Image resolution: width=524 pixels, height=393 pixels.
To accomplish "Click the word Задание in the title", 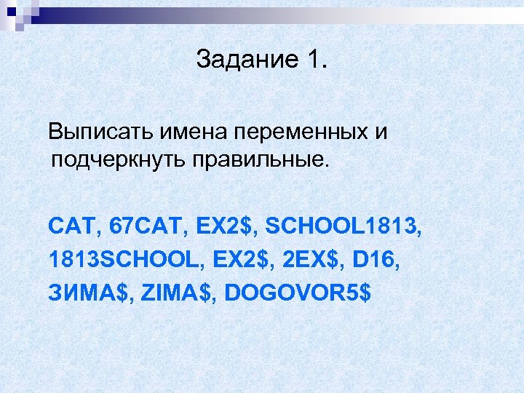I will point(245,60).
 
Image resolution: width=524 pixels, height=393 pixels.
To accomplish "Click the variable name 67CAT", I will point(146,226).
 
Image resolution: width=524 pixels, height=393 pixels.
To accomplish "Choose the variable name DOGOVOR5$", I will point(298,293).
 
